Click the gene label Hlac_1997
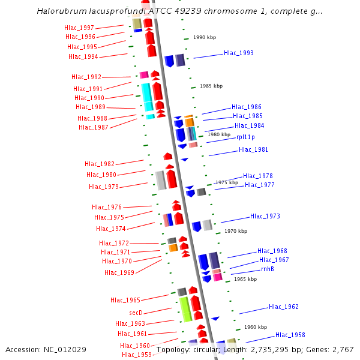pyautogui.click(x=79, y=28)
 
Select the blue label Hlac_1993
pyautogui.click(x=239, y=53)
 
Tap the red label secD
pyautogui.click(x=136, y=313)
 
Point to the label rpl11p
pyautogui.click(x=245, y=137)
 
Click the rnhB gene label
pyautogui.click(x=268, y=269)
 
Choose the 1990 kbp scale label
pyautogui.click(x=205, y=37)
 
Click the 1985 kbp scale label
pyautogui.click(x=211, y=86)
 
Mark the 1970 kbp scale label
pyautogui.click(x=236, y=231)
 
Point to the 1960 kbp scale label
pyautogui.click(x=256, y=328)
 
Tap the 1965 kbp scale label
pyautogui.click(x=245, y=279)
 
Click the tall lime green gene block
pyautogui.click(x=185, y=308)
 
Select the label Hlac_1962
pyautogui.click(x=284, y=307)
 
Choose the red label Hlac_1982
pyautogui.click(x=100, y=164)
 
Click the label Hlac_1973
pyautogui.click(x=265, y=217)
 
